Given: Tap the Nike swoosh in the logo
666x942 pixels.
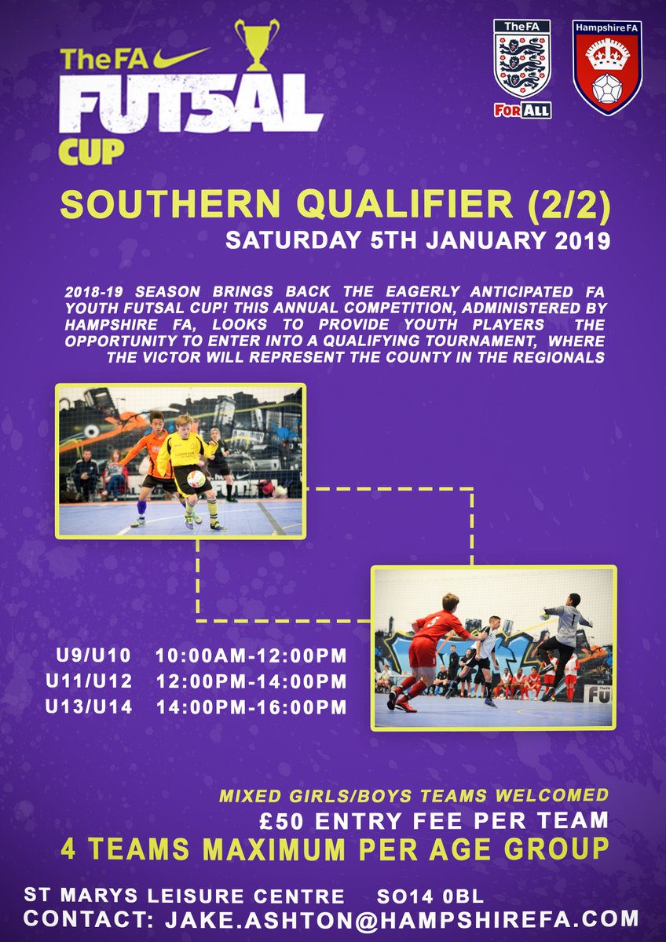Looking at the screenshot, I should (181, 56).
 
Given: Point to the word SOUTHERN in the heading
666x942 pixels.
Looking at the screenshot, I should (158, 206).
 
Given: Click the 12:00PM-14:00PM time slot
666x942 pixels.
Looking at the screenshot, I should (251, 681).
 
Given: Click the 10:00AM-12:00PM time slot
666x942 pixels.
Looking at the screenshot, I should (251, 655).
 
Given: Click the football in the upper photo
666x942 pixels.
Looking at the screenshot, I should (196, 478).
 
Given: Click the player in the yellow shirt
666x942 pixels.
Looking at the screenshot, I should (186, 463).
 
